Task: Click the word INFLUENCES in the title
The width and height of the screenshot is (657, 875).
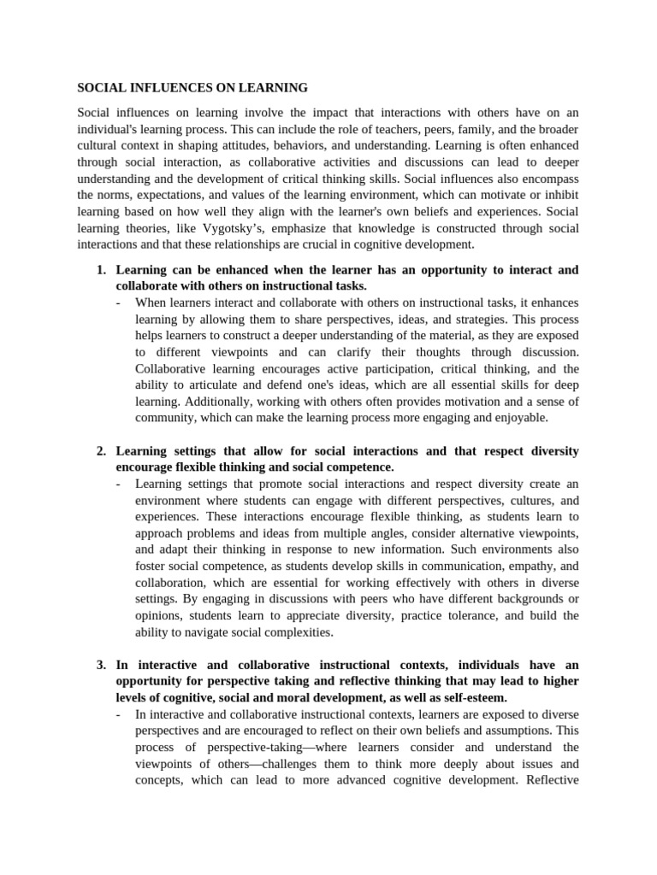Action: [x=159, y=87]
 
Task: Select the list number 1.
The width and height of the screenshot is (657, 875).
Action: [x=101, y=270]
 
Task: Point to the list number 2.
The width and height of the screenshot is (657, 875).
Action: [x=101, y=450]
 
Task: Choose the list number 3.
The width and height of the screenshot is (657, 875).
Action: [x=101, y=665]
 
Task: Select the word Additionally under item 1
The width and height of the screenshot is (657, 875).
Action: [x=216, y=402]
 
